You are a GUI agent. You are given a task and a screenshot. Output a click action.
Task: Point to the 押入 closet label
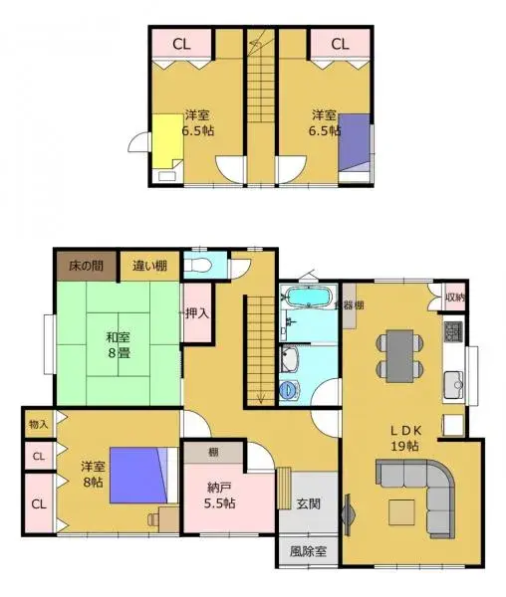click(x=197, y=312)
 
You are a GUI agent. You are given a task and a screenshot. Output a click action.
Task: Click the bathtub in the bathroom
click(x=307, y=297)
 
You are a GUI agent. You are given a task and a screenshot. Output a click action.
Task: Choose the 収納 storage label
click(x=454, y=297)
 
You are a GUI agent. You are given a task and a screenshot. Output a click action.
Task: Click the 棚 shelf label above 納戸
click(x=213, y=453)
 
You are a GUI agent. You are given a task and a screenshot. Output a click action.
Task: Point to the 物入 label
click(x=38, y=424)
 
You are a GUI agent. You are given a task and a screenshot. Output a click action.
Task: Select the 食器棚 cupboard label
click(x=350, y=305)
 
